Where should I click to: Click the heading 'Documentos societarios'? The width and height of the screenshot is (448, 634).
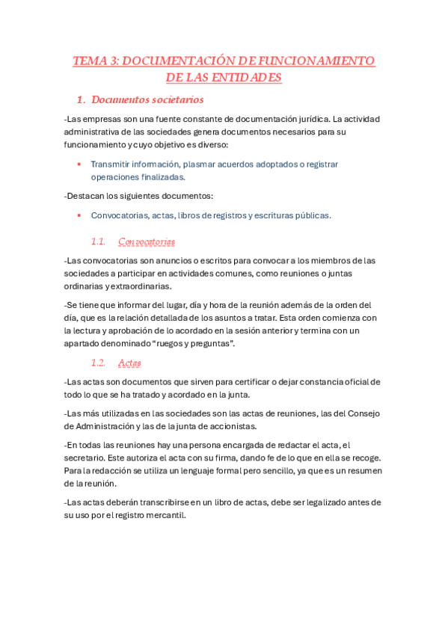coord(150,99)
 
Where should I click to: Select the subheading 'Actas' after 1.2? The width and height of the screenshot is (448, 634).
coord(130,363)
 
